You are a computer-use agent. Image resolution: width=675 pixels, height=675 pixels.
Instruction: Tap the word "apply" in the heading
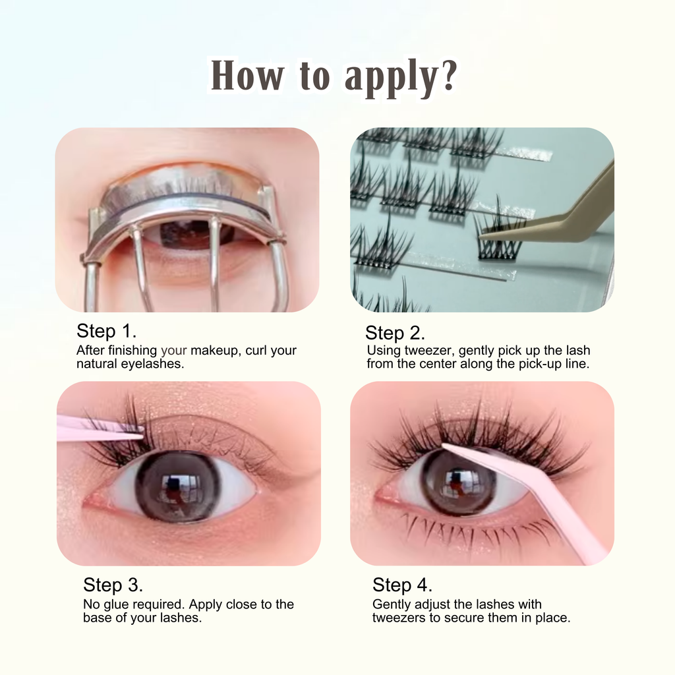(x=392, y=78)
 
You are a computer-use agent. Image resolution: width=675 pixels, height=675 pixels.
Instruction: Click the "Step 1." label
(x=106, y=331)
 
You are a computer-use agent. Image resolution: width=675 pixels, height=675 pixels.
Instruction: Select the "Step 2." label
(x=396, y=333)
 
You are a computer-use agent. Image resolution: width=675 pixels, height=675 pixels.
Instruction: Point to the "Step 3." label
(x=113, y=585)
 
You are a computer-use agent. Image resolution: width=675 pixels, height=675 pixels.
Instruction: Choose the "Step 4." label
(x=402, y=585)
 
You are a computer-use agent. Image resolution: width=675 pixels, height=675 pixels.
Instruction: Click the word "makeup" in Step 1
(x=214, y=351)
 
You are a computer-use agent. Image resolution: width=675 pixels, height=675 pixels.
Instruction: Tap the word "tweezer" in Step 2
(x=428, y=351)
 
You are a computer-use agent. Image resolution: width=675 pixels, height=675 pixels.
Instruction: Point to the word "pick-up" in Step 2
(x=541, y=364)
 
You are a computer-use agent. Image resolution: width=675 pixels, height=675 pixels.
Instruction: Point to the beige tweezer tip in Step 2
(x=481, y=237)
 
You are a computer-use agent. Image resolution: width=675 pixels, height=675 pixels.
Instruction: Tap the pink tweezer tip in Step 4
(x=444, y=446)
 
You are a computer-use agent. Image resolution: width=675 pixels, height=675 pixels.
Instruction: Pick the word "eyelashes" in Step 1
(x=152, y=364)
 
